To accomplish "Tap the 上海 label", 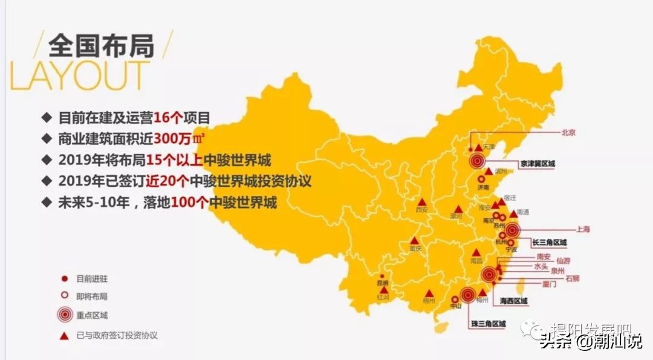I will pos(583,229).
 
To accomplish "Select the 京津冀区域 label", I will pos(537,163).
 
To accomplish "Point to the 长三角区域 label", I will pos(549,243).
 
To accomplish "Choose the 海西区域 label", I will pos(510,301).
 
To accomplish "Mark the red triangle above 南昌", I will pos(476,252).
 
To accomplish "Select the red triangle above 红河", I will pos(383,290).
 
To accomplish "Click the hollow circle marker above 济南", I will pos(481,180).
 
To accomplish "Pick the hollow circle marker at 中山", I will pos(455,299).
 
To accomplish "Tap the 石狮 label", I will pos(572,279).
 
